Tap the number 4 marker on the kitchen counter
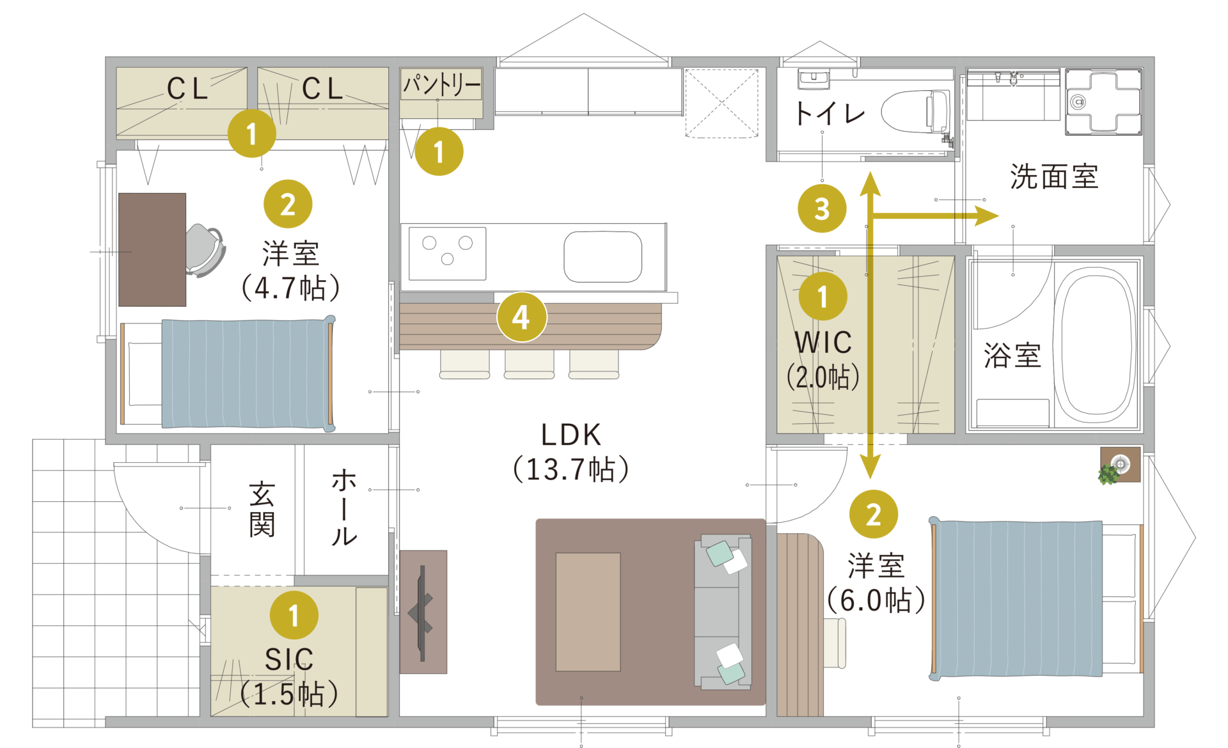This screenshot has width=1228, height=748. (x=521, y=317)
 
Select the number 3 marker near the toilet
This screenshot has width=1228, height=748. (x=822, y=208)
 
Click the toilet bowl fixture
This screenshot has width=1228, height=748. (x=915, y=111)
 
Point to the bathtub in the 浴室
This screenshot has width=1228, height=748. (x=1094, y=345)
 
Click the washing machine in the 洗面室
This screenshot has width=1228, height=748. (x=1103, y=102)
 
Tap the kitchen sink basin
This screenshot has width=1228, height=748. (x=602, y=256)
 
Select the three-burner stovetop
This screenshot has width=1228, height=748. (x=447, y=253)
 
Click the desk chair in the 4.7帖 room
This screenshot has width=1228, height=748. (x=205, y=250)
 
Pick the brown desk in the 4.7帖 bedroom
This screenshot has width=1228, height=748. (x=152, y=249)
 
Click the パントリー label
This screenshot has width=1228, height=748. (x=441, y=84)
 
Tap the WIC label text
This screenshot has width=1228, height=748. (x=823, y=343)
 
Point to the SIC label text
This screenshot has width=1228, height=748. (x=289, y=659)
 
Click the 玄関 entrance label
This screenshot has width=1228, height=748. (x=262, y=510)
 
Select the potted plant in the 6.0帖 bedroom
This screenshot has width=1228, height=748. (x=1109, y=474)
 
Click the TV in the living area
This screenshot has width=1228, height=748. (x=422, y=612)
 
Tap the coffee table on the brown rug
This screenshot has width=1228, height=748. (x=588, y=612)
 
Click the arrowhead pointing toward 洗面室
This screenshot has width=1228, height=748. (x=986, y=216)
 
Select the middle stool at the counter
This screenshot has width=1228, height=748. (x=529, y=364)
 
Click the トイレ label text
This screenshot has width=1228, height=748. (x=829, y=114)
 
